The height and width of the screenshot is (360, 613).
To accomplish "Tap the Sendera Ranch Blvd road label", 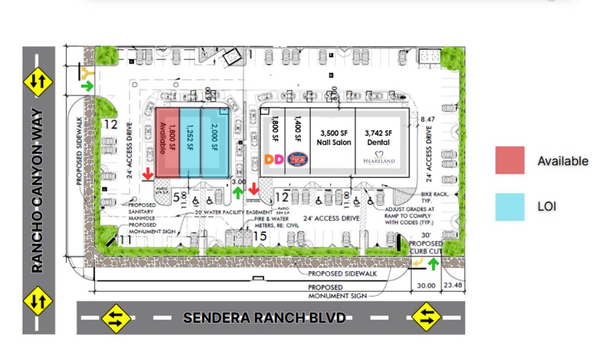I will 264,318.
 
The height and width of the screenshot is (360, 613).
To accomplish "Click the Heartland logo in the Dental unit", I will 379,158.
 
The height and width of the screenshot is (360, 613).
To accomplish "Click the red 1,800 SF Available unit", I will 167,142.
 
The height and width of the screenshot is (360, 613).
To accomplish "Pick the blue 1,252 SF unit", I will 191,142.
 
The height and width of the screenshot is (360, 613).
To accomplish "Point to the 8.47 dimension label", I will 429,119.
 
